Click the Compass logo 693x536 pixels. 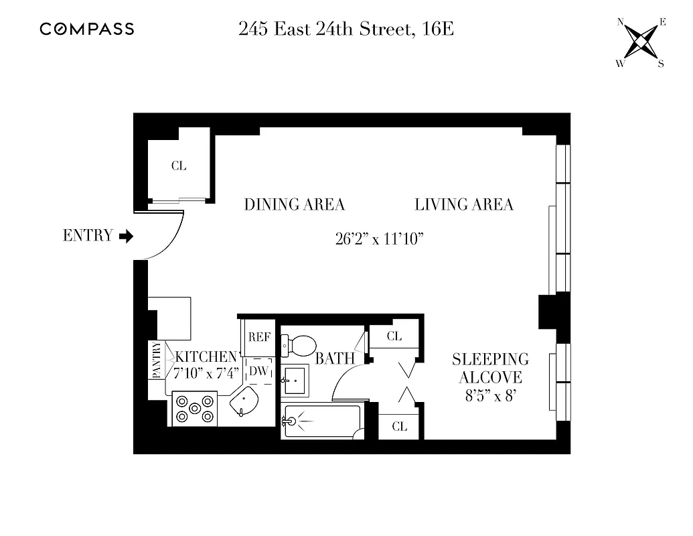coord(86,29)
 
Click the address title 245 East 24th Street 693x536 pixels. coord(346,29)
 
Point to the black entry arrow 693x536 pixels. coord(127,236)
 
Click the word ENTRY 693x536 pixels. coord(88,236)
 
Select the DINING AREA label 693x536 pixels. coord(294,204)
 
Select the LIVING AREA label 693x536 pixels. coord(464,204)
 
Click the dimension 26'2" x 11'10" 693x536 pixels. coord(380,239)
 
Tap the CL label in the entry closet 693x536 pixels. coord(178,166)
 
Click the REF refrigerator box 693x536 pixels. coord(258,337)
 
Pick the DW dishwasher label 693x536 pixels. coord(258,371)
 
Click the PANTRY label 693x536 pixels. coord(157,360)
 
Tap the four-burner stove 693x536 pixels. coord(194,409)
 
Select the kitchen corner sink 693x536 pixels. coord(245,404)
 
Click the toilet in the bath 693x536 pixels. coord(299,346)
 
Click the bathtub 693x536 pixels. coord(321,421)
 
